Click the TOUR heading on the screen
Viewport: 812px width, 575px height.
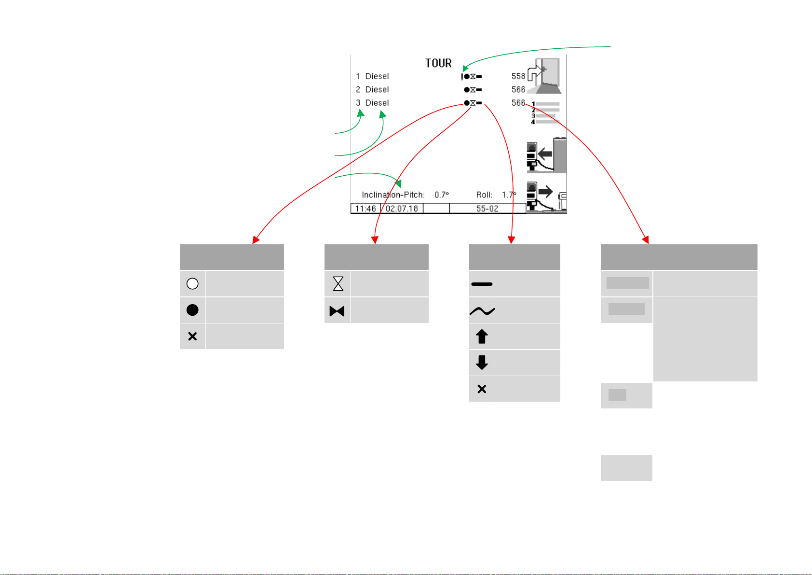(x=438, y=63)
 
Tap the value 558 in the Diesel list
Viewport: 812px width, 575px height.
(x=518, y=76)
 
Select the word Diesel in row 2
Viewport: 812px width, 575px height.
(x=377, y=89)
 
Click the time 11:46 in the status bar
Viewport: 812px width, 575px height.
(x=365, y=209)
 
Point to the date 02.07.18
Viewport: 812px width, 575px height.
(x=402, y=209)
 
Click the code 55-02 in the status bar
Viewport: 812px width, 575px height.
(x=487, y=209)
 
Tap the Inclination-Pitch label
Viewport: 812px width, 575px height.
(x=393, y=195)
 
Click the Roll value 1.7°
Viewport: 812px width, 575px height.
(x=509, y=195)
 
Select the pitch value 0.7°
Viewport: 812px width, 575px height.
(x=441, y=195)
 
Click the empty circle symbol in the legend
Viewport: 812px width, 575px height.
(x=192, y=283)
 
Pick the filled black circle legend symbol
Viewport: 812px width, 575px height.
(x=192, y=310)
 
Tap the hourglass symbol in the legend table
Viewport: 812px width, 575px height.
(x=338, y=283)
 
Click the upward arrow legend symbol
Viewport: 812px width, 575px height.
(x=482, y=337)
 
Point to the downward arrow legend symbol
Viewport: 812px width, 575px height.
(x=482, y=363)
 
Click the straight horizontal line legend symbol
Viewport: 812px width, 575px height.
(x=482, y=284)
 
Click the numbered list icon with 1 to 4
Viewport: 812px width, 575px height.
(x=545, y=113)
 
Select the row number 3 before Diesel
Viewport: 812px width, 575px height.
(x=358, y=103)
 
